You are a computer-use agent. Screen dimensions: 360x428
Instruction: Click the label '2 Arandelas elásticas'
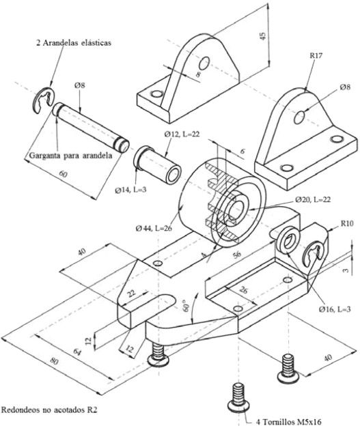(x=74, y=43)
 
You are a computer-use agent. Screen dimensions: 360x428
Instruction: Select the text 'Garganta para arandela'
(x=70, y=156)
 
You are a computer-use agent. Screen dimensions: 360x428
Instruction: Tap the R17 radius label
(x=316, y=55)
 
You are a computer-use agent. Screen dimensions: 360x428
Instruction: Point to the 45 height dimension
(x=262, y=36)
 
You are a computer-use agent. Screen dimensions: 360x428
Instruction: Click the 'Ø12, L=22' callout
(x=182, y=134)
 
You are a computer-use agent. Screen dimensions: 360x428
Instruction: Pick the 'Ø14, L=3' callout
(x=130, y=190)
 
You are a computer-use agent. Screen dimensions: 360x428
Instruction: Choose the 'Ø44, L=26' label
(x=154, y=228)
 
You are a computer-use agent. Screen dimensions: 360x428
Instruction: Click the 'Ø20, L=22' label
(x=313, y=199)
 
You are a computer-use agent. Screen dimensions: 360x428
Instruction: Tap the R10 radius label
(x=347, y=223)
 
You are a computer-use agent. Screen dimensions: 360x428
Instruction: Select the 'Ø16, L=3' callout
(x=335, y=309)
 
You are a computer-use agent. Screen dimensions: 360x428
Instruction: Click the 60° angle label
(x=186, y=306)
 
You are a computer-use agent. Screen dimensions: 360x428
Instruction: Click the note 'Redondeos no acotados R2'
(x=49, y=410)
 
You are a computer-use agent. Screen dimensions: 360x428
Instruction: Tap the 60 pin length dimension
(x=63, y=173)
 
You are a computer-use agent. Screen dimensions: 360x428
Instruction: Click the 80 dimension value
(x=54, y=361)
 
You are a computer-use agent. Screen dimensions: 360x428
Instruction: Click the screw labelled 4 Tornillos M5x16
(x=238, y=397)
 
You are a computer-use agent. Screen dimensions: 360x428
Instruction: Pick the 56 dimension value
(x=237, y=254)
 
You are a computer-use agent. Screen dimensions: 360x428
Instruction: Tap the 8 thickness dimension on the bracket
(x=198, y=74)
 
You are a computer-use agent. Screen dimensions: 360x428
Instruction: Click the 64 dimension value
(x=77, y=352)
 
